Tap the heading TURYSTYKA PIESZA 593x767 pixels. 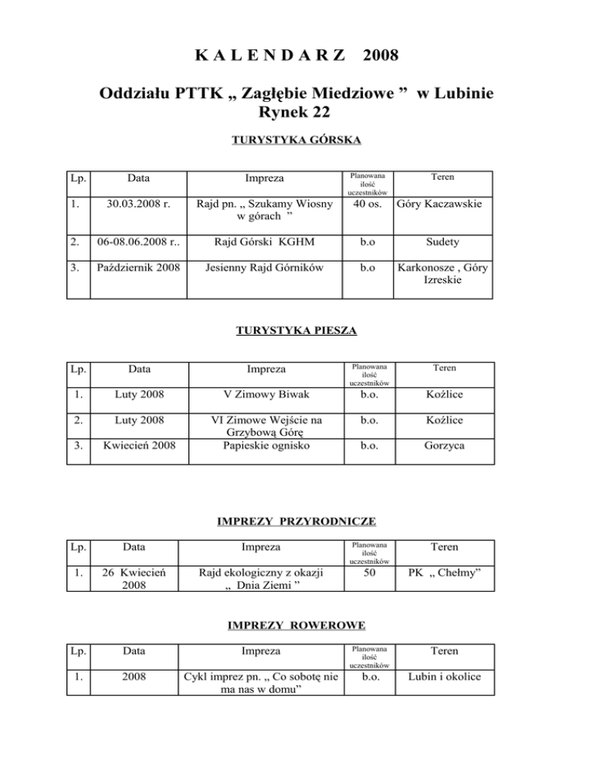coord(296,332)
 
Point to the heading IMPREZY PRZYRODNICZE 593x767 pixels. coord(296,522)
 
